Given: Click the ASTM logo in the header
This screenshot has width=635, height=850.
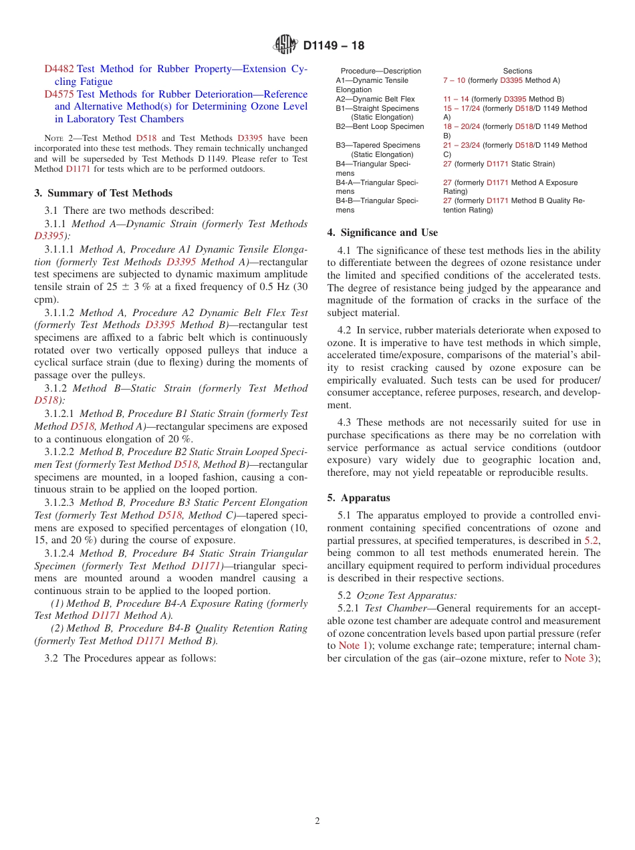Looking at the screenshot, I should click(x=285, y=45).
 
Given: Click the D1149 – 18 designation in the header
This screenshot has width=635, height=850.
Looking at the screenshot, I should click(x=334, y=46).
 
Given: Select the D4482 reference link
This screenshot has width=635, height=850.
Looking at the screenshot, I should click(x=59, y=69).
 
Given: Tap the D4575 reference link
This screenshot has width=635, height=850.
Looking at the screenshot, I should click(x=59, y=94).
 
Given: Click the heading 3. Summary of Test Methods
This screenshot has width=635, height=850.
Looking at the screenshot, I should click(x=103, y=193).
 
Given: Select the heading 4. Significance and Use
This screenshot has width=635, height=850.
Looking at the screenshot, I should click(x=382, y=233).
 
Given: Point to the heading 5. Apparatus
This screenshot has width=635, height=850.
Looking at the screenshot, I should click(x=358, y=498).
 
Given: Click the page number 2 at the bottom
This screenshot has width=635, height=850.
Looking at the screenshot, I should click(x=317, y=821).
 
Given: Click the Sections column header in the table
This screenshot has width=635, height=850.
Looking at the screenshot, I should click(x=517, y=71).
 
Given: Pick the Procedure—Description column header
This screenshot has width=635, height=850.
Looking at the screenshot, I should click(x=381, y=71).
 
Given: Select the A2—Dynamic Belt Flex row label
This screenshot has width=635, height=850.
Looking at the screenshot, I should click(x=375, y=99).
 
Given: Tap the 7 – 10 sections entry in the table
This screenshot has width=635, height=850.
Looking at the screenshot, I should click(x=454, y=80).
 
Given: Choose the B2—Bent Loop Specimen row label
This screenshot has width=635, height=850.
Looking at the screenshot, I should click(x=380, y=126).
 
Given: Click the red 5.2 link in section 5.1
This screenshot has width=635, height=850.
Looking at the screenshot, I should click(x=592, y=541).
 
